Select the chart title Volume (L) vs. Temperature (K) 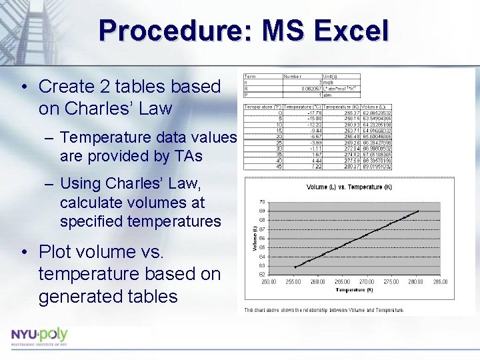pyautogui.click(x=349, y=187)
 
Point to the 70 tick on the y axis pyautogui.click(x=262, y=201)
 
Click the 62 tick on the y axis pyautogui.click(x=262, y=274)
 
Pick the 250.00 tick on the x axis pyautogui.click(x=269, y=282)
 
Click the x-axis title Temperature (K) pyautogui.click(x=355, y=290)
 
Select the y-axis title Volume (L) pyautogui.click(x=253, y=238)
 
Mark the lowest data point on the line pyautogui.click(x=295, y=267)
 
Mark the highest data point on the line pyautogui.click(x=419, y=211)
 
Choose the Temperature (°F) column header pyautogui.click(x=263, y=106)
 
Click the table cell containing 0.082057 pyautogui.click(x=309, y=88)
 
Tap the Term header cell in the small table pyautogui.click(x=250, y=76)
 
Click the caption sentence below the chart pyautogui.click(x=324, y=310)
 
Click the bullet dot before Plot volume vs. pyautogui.click(x=24, y=252)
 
